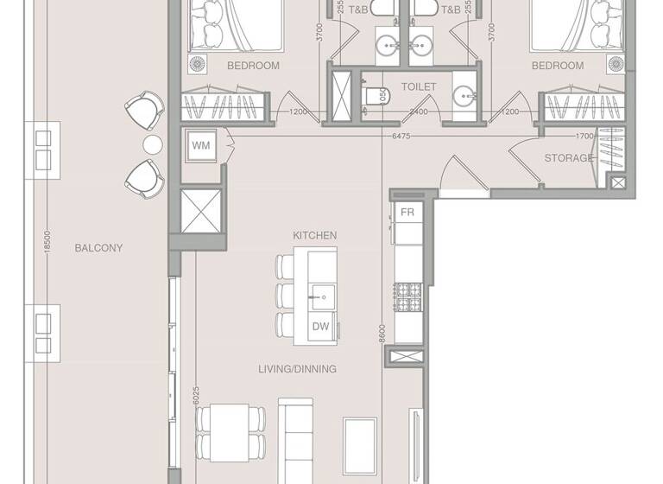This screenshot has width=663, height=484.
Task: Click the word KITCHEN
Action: pyautogui.click(x=314, y=235)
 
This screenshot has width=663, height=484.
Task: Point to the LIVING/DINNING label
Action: pyautogui.click(x=297, y=369)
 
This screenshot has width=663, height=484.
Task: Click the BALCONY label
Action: pyautogui.click(x=98, y=248)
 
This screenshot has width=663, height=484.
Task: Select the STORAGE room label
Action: pyautogui.click(x=568, y=158)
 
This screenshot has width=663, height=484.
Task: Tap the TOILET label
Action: pyautogui.click(x=419, y=87)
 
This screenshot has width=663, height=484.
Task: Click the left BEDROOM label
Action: pyautogui.click(x=253, y=66)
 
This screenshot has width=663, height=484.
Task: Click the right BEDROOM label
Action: pyautogui.click(x=557, y=66)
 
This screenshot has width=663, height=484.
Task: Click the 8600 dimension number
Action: pyautogui.click(x=382, y=334)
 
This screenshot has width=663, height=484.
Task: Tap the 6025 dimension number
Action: pyautogui.click(x=197, y=395)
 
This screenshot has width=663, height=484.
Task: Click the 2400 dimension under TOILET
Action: pyautogui.click(x=419, y=112)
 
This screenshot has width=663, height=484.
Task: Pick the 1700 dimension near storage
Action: pyautogui.click(x=584, y=136)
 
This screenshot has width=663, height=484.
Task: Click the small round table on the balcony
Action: pyautogui.click(x=152, y=143)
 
